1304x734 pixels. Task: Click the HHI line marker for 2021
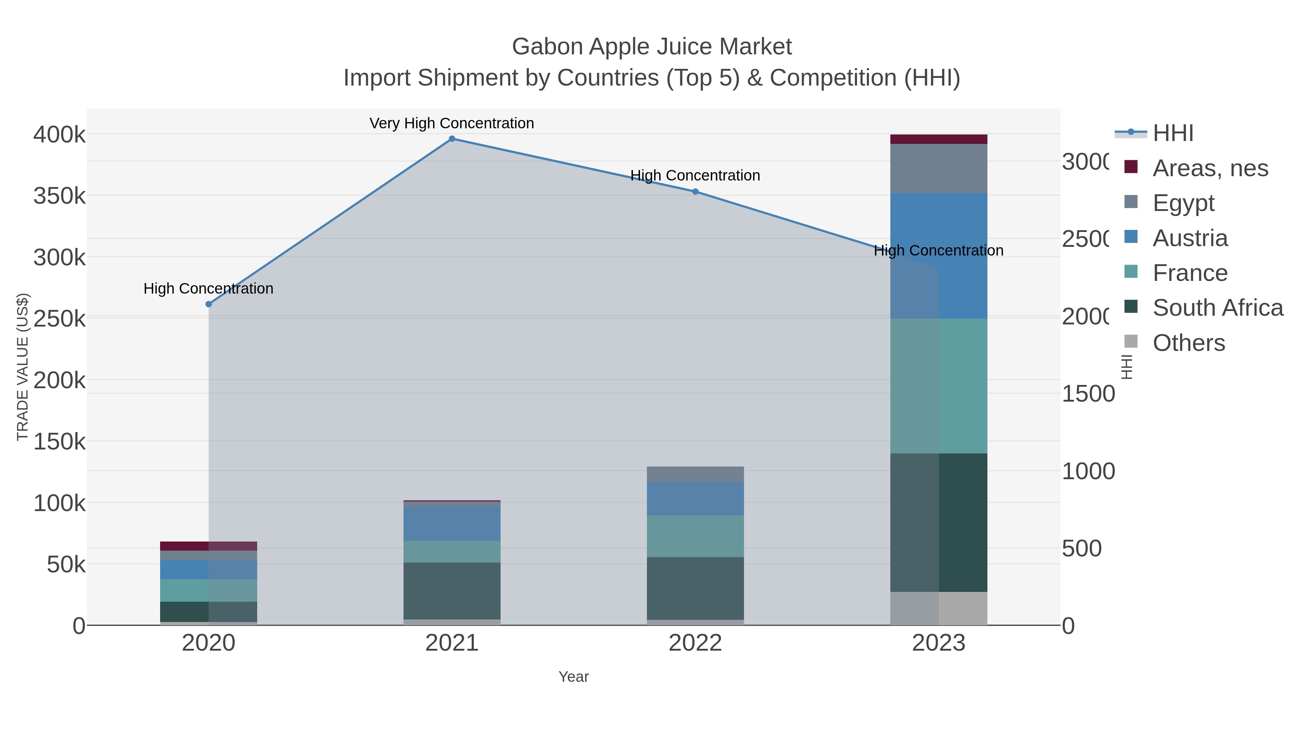(452, 139)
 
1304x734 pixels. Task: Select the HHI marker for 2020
(209, 304)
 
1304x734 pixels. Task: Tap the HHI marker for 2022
(695, 191)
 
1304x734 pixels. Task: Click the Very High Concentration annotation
(452, 123)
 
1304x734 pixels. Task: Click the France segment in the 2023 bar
(939, 386)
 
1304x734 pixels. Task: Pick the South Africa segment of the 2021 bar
(452, 591)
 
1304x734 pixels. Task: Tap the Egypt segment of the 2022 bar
(695, 474)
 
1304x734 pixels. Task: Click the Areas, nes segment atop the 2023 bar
(939, 139)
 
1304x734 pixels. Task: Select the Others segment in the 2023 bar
(939, 608)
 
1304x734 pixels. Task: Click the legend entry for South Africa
(1217, 307)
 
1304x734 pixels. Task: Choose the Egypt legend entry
(1183, 203)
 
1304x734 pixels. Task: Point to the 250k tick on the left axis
(59, 319)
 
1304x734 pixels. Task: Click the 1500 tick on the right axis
(1088, 394)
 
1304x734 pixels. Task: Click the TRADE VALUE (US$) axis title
(22, 367)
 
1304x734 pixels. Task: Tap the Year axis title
(573, 677)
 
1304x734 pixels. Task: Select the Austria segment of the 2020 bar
(209, 570)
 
